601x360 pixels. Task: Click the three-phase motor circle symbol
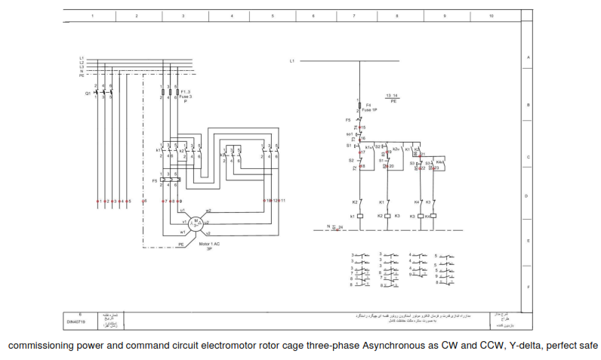click(x=195, y=221)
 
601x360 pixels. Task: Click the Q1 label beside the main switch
click(x=88, y=93)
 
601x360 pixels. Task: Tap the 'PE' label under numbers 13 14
click(x=393, y=100)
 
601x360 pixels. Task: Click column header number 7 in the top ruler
click(x=353, y=15)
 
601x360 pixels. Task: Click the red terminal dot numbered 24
click(x=337, y=226)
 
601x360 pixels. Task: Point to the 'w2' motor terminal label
click(x=208, y=211)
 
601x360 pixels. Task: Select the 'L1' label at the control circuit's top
click(x=291, y=60)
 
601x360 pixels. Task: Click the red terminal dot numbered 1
click(x=97, y=202)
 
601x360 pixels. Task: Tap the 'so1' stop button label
click(x=350, y=134)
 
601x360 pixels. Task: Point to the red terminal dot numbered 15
click(x=360, y=128)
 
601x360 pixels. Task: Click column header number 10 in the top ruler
click(x=492, y=15)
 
